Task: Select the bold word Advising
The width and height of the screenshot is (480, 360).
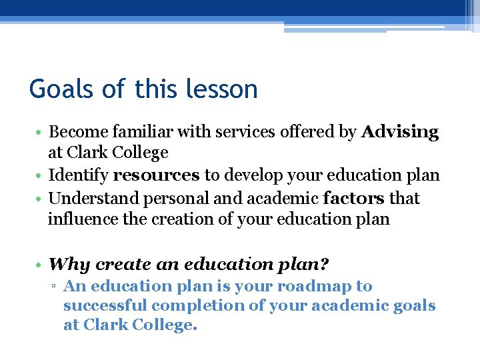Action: point(400,132)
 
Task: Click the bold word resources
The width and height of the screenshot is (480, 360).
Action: point(156,175)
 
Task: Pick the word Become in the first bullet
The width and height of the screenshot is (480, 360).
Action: point(75,132)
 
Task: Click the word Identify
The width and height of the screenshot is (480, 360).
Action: point(78,175)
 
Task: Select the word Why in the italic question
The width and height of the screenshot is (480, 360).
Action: point(69,264)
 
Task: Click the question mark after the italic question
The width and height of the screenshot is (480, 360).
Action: point(325,264)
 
